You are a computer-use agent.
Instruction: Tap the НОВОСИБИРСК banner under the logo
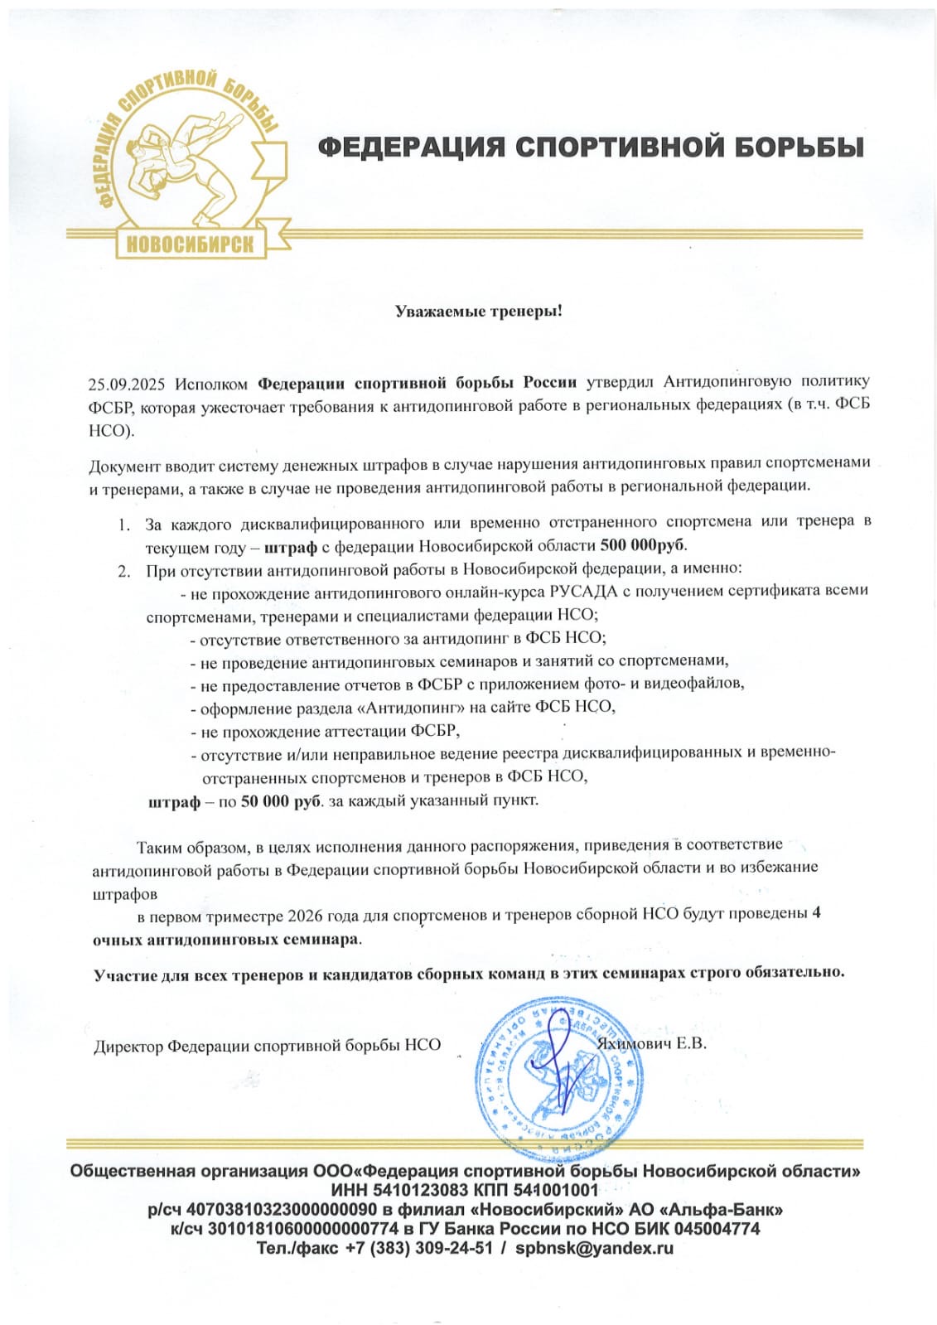[x=190, y=244]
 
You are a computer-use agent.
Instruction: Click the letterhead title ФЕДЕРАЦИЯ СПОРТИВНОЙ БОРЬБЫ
[x=591, y=147]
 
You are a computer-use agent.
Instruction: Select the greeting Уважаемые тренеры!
[x=478, y=312]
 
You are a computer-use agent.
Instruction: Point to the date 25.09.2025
[x=127, y=384]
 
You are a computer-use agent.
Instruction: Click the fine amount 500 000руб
[x=642, y=545]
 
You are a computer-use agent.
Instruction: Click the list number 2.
[x=123, y=571]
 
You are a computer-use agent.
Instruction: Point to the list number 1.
[x=123, y=525]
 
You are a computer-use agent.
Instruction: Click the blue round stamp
[x=559, y=1077]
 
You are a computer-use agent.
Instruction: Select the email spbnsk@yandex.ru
[x=594, y=1248]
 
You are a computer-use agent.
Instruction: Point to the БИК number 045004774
[x=716, y=1228]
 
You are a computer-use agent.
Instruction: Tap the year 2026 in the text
[x=306, y=915]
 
